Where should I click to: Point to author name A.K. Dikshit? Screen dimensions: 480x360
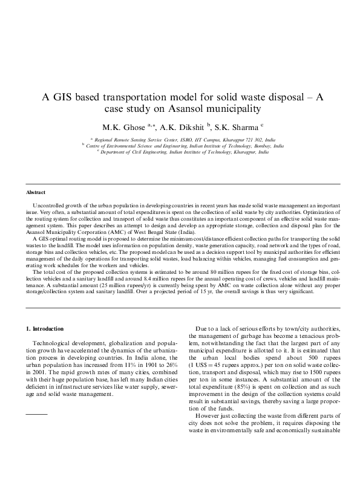pos(183,128)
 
